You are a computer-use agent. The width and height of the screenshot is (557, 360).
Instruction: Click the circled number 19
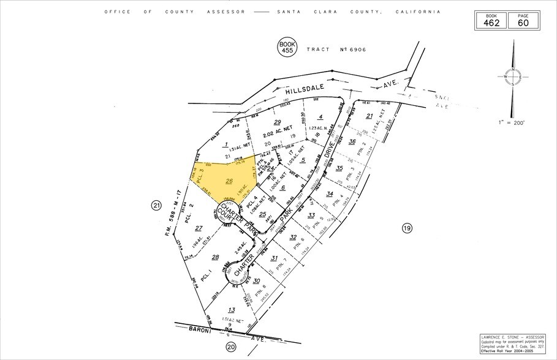(x=407, y=228)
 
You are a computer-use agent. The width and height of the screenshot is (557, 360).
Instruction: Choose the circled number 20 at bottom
(x=230, y=347)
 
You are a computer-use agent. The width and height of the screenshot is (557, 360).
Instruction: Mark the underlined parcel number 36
(x=352, y=142)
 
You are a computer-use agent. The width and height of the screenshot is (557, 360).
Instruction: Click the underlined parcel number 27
(x=199, y=228)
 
